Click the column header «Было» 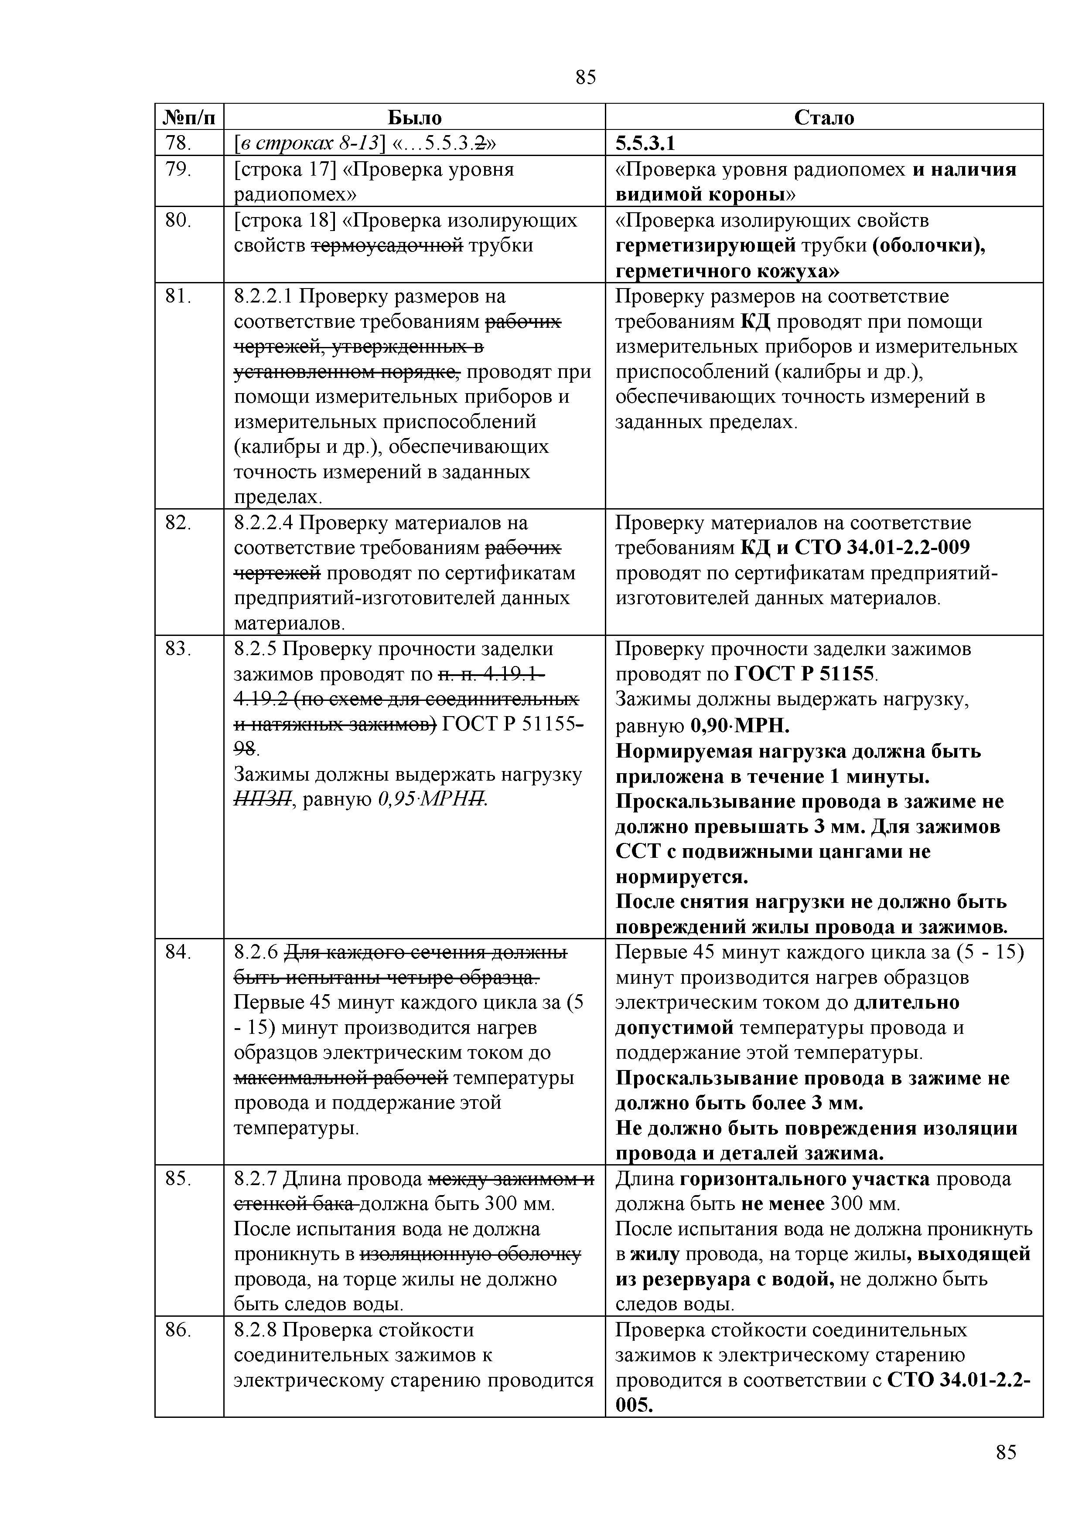(414, 118)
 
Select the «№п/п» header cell (189, 118)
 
